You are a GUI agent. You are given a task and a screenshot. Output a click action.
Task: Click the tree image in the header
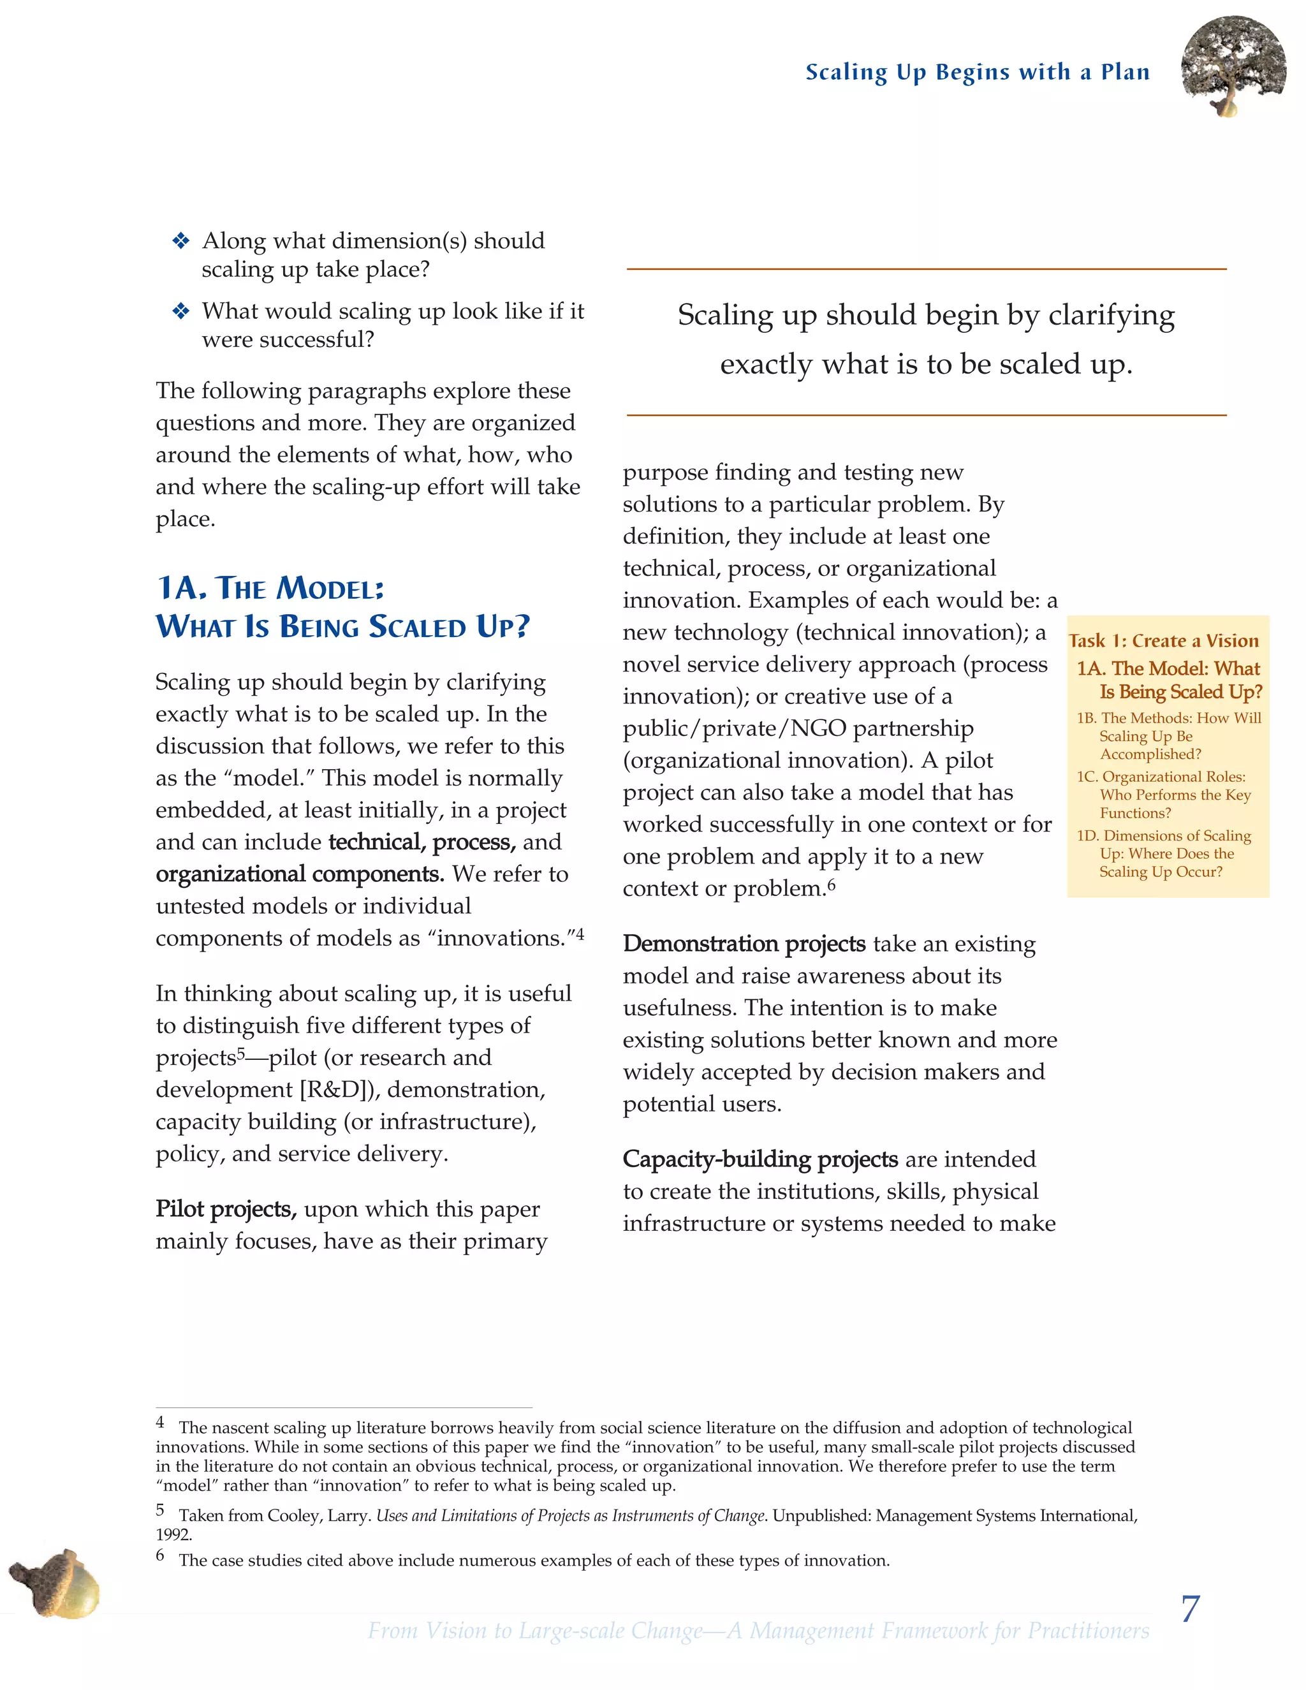pos(1233,66)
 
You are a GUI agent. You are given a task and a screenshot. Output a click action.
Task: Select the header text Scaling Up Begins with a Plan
pos(977,72)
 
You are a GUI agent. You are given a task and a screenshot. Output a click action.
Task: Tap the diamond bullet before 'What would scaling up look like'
pos(180,311)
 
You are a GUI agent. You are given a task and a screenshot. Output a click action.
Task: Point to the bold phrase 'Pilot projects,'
pos(226,1209)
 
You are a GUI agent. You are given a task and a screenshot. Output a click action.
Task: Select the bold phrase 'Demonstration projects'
pos(744,944)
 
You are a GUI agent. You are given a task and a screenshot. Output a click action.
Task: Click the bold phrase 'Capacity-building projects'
pos(759,1159)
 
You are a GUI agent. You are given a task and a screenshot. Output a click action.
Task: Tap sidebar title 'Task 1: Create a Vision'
pos(1164,641)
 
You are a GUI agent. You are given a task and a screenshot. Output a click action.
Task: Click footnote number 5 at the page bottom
pos(160,1510)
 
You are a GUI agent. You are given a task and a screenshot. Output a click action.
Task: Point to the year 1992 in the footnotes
pos(173,1534)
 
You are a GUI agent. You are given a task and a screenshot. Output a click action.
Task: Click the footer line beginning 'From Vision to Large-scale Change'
pos(758,1631)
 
